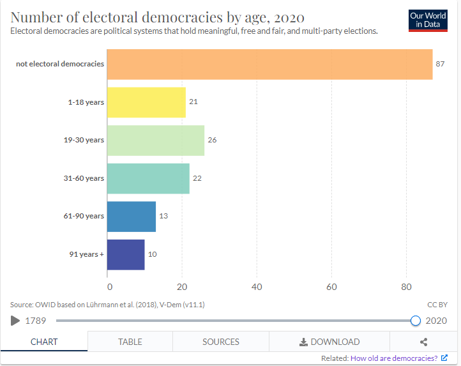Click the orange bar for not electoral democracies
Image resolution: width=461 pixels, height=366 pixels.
coord(269,64)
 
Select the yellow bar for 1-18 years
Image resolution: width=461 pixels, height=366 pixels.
coord(146,102)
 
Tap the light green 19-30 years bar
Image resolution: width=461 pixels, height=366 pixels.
coord(156,140)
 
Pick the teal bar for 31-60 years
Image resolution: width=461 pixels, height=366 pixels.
coord(148,178)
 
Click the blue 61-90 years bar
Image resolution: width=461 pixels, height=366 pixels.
coord(132,216)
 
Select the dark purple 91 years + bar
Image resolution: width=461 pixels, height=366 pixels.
coord(126,254)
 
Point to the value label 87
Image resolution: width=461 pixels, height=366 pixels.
coord(440,64)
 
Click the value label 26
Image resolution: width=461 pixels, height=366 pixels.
coord(212,140)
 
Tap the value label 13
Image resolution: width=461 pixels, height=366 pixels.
coord(163,216)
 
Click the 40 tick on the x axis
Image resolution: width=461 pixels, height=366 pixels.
coord(257,287)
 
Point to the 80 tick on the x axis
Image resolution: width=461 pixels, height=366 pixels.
coord(406,287)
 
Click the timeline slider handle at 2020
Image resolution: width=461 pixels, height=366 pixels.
coord(416,321)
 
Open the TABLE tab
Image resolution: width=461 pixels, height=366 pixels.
coord(130,342)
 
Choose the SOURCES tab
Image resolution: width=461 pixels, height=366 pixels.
coord(221,342)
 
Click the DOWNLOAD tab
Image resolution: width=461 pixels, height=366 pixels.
coord(329,342)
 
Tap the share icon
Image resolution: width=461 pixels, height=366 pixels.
coord(423,342)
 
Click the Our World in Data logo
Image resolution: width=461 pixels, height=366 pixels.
coord(428,20)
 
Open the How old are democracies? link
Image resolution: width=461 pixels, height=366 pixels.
coord(394,358)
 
